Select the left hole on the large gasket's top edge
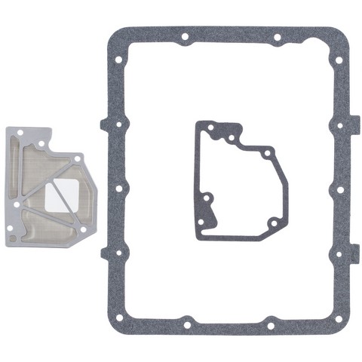185,36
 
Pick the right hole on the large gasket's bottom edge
270,326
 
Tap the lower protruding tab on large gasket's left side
104,253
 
